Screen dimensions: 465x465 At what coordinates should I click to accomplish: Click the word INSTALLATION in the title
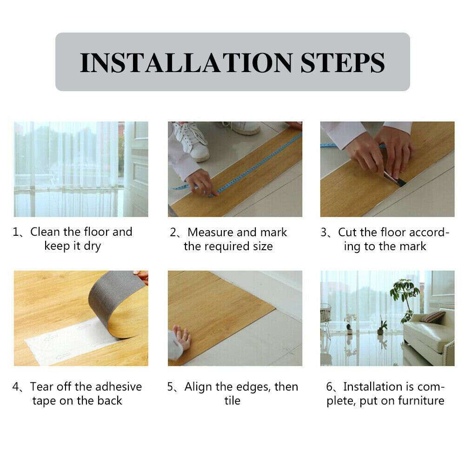coord(186,62)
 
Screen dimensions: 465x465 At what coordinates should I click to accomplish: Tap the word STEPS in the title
coord(343,62)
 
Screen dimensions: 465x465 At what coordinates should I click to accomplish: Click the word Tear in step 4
coord(43,386)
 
